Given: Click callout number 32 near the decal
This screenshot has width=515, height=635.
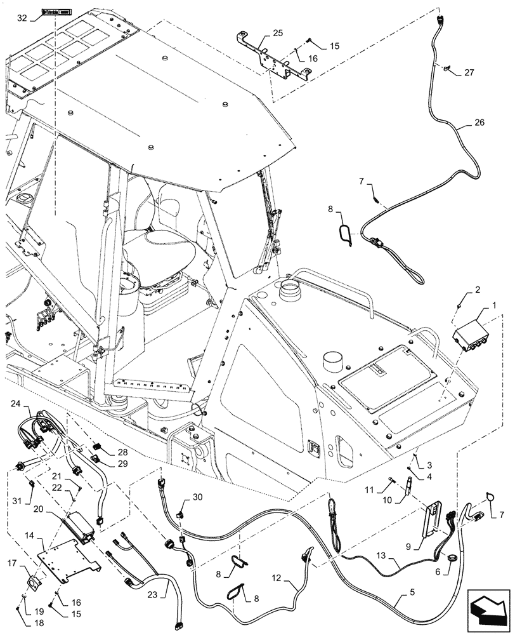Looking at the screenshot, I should (x=23, y=18).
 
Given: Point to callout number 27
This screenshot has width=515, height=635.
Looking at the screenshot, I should (x=468, y=72).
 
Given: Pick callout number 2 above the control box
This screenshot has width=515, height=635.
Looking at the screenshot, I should (x=477, y=291).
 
